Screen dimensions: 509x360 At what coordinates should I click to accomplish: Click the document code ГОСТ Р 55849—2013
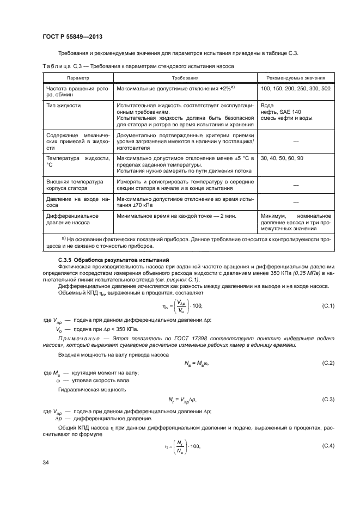click(72, 36)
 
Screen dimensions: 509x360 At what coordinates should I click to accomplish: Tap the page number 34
click(46, 462)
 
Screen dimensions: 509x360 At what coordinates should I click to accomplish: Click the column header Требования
click(185, 78)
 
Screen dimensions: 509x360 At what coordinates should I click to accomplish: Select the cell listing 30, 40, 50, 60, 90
click(282, 158)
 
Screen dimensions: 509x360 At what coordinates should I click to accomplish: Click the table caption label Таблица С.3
click(61, 66)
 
